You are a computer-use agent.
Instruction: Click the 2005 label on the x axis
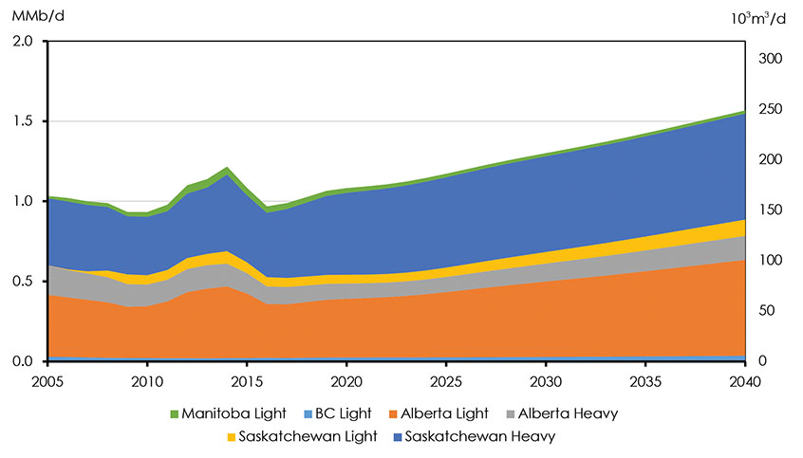pyautogui.click(x=47, y=381)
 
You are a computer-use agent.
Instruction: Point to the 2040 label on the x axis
pyautogui.click(x=744, y=381)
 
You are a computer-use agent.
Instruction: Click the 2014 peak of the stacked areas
pyautogui.click(x=227, y=168)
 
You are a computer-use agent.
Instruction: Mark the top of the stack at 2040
pyautogui.click(x=744, y=111)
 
